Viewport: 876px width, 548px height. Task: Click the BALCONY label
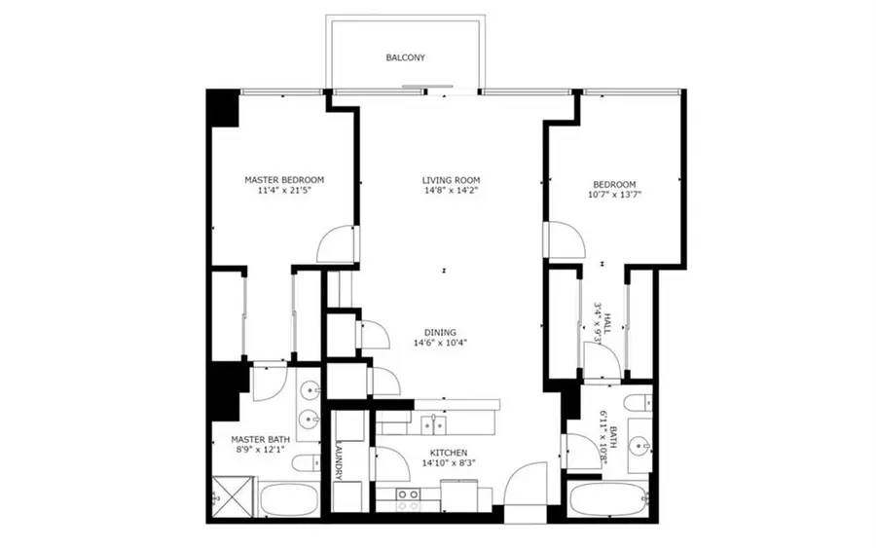click(405, 57)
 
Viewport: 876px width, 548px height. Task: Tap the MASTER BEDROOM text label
click(283, 180)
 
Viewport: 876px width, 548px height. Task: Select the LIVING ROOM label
click(451, 180)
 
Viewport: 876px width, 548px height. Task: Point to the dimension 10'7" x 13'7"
click(615, 195)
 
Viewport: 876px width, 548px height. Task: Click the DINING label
click(440, 332)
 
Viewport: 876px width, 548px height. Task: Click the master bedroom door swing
click(340, 243)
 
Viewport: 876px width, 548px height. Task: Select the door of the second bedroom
click(563, 241)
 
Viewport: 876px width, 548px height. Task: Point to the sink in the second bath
click(639, 446)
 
